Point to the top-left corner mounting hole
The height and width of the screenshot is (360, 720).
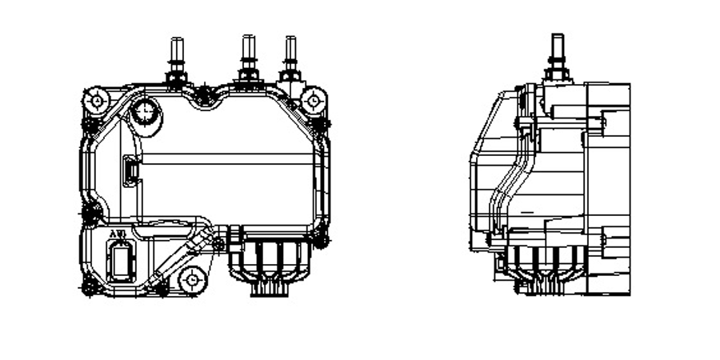pyautogui.click(x=97, y=101)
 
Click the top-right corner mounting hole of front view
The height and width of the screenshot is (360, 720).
pyautogui.click(x=313, y=101)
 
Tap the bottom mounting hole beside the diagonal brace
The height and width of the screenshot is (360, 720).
pyautogui.click(x=192, y=280)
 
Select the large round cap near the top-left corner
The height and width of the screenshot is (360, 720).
pyautogui.click(x=145, y=111)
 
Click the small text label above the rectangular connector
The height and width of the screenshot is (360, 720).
pyautogui.click(x=118, y=234)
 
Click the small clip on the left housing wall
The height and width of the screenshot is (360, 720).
pyautogui.click(x=129, y=170)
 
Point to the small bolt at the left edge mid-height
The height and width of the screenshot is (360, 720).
pyautogui.click(x=90, y=213)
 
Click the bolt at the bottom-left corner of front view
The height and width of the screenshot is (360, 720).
pyautogui.click(x=90, y=286)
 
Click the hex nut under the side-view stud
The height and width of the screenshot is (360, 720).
pyautogui.click(x=558, y=74)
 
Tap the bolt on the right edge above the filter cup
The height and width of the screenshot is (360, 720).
pyautogui.click(x=321, y=238)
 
